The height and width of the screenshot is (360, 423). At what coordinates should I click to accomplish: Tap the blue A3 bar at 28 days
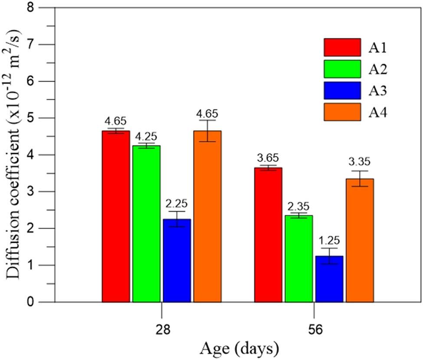click(177, 260)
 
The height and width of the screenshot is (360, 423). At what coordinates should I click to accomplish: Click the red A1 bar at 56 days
click(268, 234)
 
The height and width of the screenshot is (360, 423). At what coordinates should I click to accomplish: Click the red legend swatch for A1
click(342, 47)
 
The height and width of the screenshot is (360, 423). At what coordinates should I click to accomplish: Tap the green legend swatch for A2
click(342, 69)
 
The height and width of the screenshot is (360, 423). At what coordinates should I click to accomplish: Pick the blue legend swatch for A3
click(342, 90)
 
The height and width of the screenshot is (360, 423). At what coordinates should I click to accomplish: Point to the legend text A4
click(378, 112)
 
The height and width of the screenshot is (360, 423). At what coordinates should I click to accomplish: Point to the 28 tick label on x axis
click(161, 330)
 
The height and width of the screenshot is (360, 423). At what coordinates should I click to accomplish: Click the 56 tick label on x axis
click(314, 330)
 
